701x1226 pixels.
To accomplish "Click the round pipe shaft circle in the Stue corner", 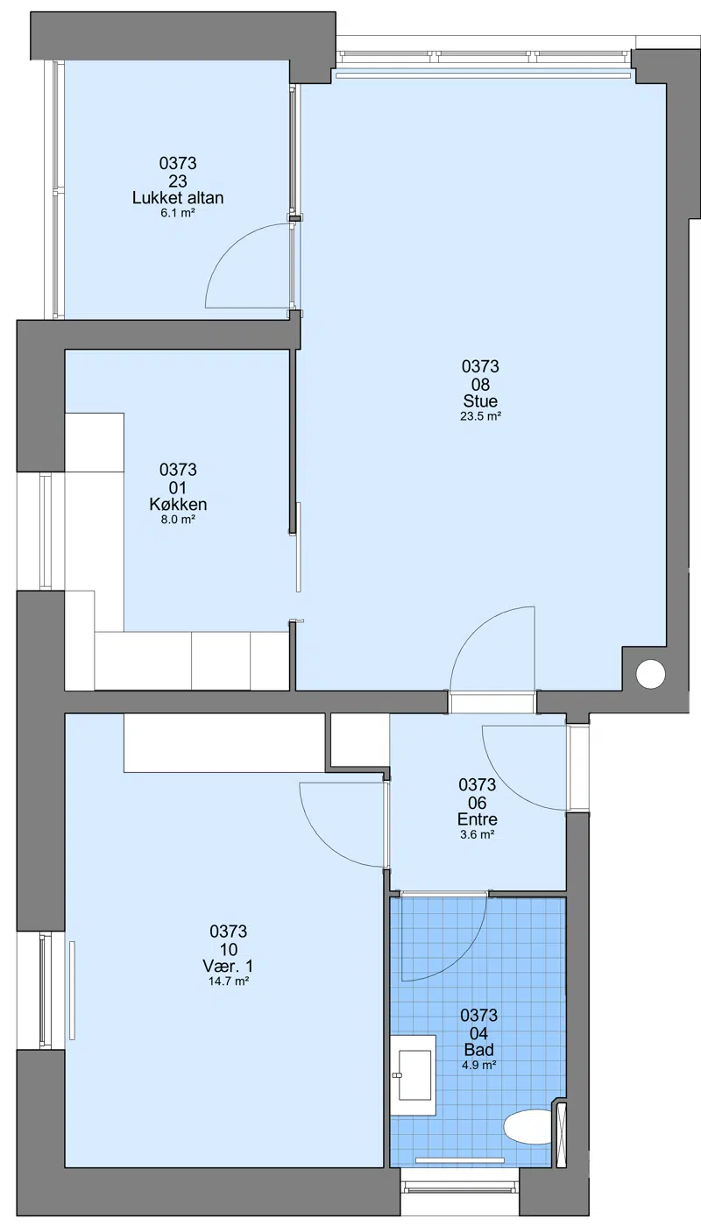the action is click(650, 674).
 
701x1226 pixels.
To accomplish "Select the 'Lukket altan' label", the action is click(178, 197).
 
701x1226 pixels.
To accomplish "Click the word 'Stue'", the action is click(480, 400).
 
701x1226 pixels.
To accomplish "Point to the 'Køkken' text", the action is click(178, 504).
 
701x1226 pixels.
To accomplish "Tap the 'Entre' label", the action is click(478, 819).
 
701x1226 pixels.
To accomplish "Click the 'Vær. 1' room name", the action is click(229, 966).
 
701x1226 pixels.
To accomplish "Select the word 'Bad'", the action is click(478, 1050).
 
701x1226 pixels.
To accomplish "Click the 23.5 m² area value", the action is click(480, 416).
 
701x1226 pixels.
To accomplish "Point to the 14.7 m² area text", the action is click(229, 982).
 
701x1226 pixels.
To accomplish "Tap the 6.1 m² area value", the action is click(178, 213).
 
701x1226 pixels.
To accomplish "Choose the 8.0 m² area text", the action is click(178, 520).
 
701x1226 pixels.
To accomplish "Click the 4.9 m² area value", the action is click(478, 1065).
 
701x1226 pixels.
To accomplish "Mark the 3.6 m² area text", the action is click(478, 834).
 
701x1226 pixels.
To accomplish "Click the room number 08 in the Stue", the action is click(480, 384).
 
